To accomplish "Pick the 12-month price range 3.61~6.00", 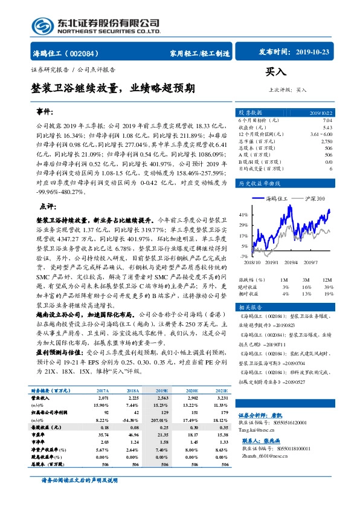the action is tap(320, 134).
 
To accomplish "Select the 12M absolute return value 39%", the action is tap(327, 287).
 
